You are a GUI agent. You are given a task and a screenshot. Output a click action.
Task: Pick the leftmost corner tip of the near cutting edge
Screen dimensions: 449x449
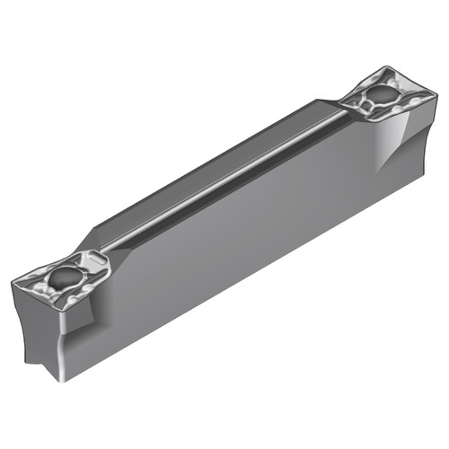coord(13,284)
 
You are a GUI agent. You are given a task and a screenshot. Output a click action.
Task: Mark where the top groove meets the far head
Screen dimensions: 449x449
coord(346,112)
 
